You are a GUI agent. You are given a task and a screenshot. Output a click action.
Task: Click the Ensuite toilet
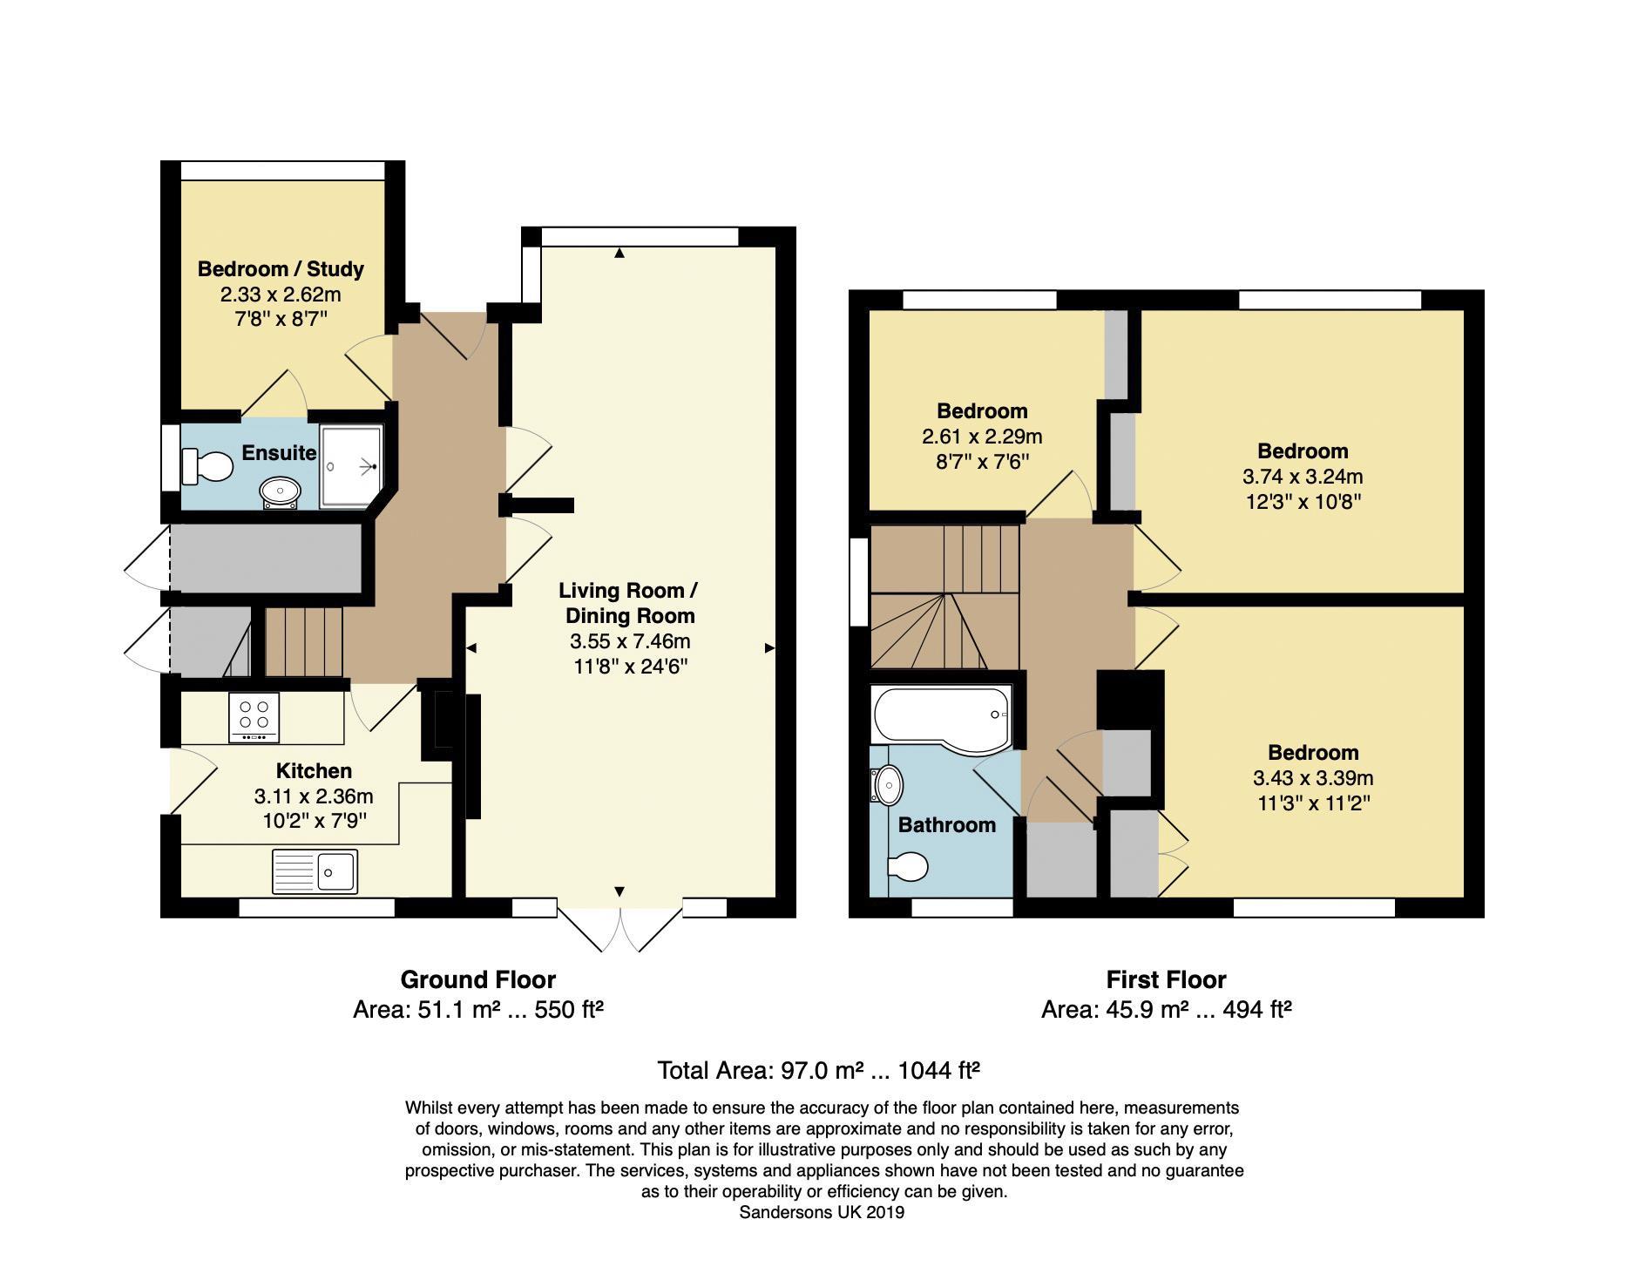[x=207, y=466]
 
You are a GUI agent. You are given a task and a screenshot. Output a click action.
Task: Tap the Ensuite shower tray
[x=351, y=466]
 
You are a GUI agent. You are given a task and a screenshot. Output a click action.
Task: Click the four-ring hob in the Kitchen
[x=254, y=717]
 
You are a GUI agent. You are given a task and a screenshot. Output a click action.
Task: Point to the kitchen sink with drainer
[x=315, y=871]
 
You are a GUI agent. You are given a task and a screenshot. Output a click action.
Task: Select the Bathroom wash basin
[x=888, y=785]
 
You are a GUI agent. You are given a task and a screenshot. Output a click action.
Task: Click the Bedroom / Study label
[x=281, y=269]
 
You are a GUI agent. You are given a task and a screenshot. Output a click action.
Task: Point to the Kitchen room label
[x=314, y=771]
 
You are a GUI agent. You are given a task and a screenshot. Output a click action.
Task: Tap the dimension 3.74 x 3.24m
[x=1303, y=477]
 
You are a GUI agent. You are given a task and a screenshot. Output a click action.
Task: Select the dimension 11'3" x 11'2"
[x=1313, y=803]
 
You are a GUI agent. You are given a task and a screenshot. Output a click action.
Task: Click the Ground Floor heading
[x=477, y=979]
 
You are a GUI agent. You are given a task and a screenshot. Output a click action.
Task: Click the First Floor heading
[x=1166, y=979]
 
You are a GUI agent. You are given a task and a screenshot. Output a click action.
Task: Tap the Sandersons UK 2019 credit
[x=822, y=1212]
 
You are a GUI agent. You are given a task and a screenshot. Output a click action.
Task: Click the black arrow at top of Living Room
[x=619, y=254]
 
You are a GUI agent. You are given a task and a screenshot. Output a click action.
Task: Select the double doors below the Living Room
[x=619, y=929]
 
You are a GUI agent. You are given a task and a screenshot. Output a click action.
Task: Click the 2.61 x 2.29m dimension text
[x=982, y=437]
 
